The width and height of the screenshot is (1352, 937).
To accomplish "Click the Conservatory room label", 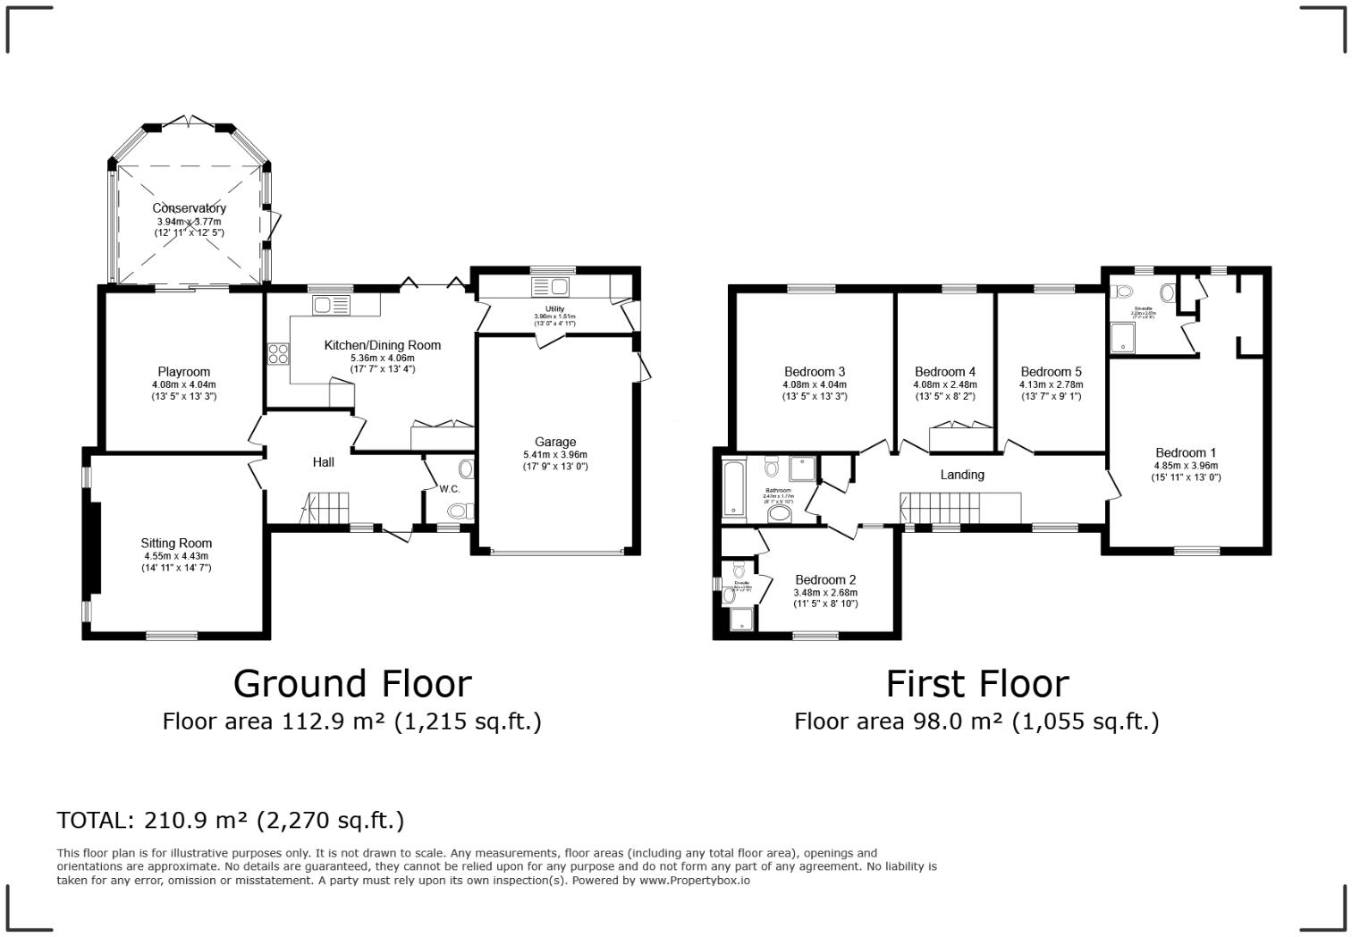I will coord(189,208).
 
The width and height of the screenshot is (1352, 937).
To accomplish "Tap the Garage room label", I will coord(555,442).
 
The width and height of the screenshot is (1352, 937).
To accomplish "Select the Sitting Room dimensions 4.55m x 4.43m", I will coord(176,556).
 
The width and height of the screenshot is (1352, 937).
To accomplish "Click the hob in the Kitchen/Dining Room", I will coord(278,354).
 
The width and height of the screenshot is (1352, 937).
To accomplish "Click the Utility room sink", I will coord(550,287).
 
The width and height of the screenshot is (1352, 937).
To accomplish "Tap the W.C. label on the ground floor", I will coord(450,489).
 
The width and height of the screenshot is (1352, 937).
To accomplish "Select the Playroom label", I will coord(183,372).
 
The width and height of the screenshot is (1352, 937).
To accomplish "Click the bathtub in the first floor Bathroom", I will coord(734,489).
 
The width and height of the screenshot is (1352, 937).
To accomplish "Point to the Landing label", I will coord(962,475).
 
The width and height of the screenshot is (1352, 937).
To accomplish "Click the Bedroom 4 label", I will coord(945,372).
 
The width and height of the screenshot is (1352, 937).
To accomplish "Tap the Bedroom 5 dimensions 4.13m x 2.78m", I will coord(1051,384).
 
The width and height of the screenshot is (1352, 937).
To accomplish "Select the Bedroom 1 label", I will coord(1185,452).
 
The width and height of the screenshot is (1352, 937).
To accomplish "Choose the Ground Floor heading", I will coord(352,684).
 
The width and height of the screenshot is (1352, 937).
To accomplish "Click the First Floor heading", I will coord(976,684).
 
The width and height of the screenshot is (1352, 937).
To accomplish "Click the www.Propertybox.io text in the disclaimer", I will coord(694,881).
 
